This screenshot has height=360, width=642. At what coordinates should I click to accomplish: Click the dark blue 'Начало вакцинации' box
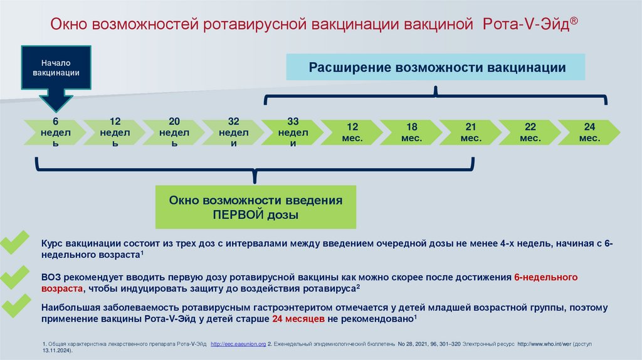[x=56, y=68]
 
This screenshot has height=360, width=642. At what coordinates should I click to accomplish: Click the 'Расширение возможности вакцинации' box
[x=436, y=67]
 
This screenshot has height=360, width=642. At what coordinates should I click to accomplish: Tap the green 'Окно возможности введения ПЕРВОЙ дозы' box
[x=256, y=207]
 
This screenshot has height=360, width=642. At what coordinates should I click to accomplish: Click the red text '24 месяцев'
[x=298, y=319]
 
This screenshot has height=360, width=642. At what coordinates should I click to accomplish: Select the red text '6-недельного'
[x=545, y=277]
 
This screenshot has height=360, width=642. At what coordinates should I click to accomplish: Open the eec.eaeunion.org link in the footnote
[x=239, y=344]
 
